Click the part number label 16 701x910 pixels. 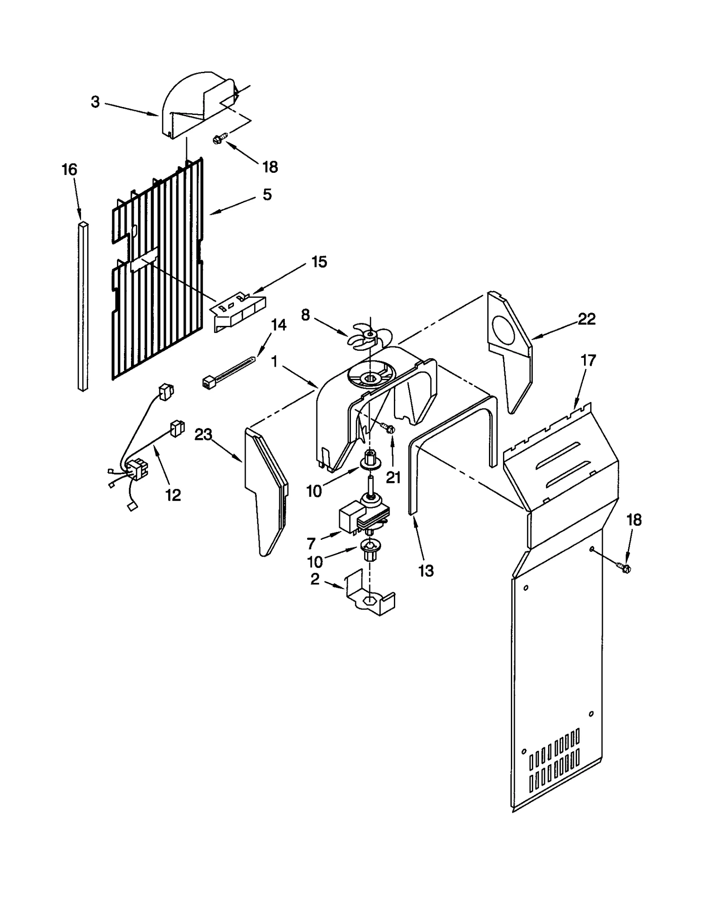[x=70, y=169]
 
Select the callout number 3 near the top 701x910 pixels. [x=95, y=102]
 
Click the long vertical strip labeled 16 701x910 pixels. [x=82, y=307]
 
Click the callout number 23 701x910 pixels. [x=203, y=435]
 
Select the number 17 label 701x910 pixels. [x=588, y=360]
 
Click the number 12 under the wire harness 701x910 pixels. [x=173, y=495]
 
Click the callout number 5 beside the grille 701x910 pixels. [x=267, y=194]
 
